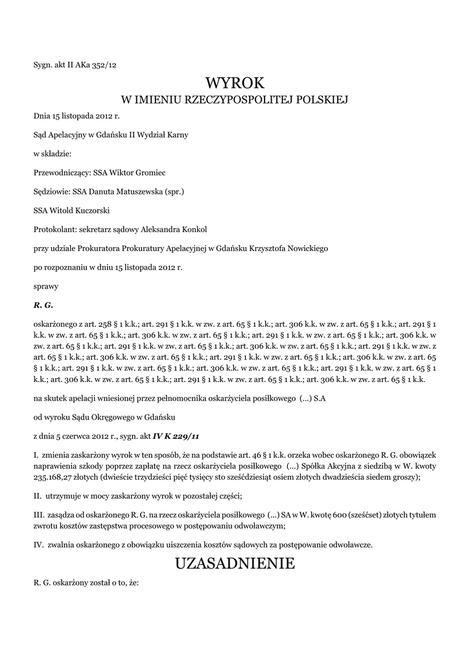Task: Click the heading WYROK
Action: [235, 83]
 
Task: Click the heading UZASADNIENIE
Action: [235, 563]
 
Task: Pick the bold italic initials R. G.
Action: [43, 304]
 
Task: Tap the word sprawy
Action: [45, 285]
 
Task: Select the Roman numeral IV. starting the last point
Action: [38, 545]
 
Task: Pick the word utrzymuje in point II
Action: [62, 496]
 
